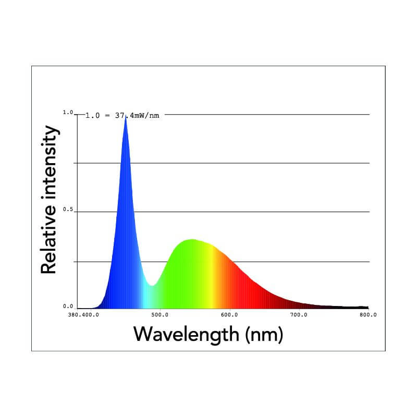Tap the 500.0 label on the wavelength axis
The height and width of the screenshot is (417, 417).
click(160, 315)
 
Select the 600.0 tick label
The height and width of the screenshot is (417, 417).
click(229, 315)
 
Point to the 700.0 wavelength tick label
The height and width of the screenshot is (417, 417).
click(298, 315)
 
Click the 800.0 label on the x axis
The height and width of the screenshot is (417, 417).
click(368, 315)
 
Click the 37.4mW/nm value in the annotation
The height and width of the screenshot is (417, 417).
click(138, 115)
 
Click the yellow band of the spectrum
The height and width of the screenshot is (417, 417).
click(211, 276)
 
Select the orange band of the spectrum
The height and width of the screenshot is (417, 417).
click(223, 281)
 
